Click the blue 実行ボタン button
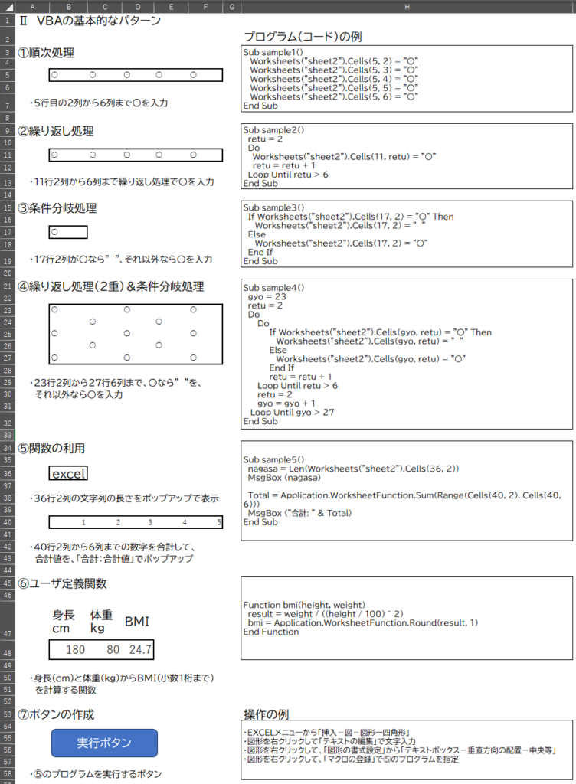click(104, 743)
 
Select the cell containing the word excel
click(69, 474)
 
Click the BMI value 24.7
click(140, 650)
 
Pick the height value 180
click(75, 650)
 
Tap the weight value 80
click(113, 650)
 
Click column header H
click(407, 6)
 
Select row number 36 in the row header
click(8, 474)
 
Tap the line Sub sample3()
click(273, 207)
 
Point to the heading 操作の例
click(266, 714)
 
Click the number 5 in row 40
click(219, 523)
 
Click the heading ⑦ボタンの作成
click(57, 714)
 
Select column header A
click(32, 6)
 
